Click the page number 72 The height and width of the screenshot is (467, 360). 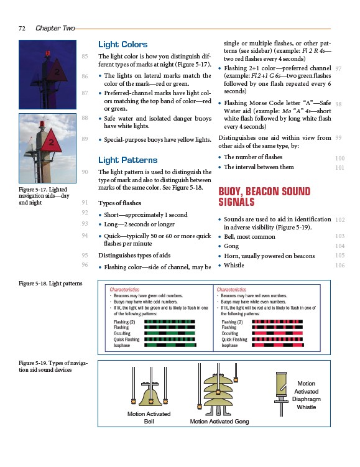pos(22,29)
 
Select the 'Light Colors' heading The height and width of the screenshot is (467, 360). pos(122,44)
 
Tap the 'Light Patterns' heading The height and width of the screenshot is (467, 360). pos(127,160)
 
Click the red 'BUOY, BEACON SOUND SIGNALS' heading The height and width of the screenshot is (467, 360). pos(264,197)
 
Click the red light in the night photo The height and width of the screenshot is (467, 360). pos(48,53)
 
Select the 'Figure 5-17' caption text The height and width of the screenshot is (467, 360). pos(44,196)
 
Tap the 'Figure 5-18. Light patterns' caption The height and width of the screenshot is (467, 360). pos(50,283)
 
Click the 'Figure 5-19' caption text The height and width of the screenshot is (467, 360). pos(53,366)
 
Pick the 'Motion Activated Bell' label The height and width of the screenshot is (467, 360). pos(149,417)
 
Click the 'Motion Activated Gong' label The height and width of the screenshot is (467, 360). pos(219,422)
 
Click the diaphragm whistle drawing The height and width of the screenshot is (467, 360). pos(281,393)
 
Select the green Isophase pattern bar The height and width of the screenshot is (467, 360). pos(170,345)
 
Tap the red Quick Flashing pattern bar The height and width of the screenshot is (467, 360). pos(277,340)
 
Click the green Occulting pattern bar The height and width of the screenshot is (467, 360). pos(170,333)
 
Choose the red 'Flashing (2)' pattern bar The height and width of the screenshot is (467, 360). pos(277,321)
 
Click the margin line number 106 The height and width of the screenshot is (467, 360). pos(339,265)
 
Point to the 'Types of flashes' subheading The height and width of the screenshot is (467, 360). pos(120,203)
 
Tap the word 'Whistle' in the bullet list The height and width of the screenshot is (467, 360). pos(234,265)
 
